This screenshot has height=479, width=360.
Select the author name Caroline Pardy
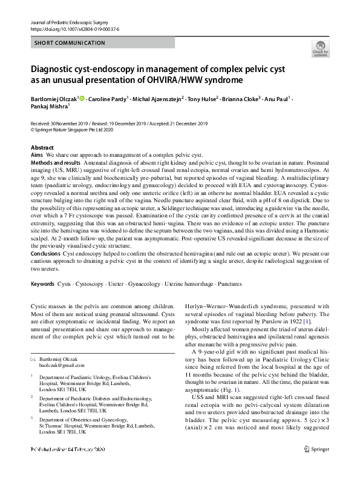(109, 99)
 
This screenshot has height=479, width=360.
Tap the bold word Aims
(37, 155)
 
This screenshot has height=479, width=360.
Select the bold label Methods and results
(55, 164)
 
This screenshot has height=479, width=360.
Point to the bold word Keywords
(42, 283)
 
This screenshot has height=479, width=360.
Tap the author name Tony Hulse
(203, 99)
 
